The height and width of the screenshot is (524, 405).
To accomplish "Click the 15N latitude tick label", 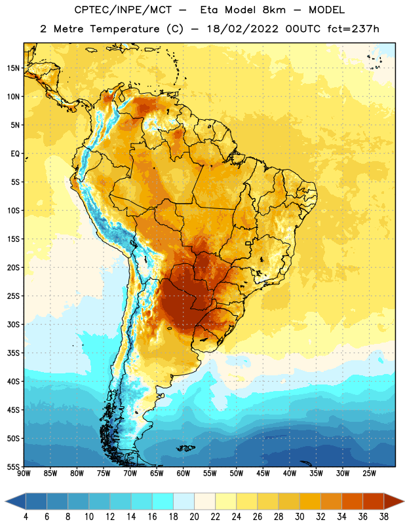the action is coord(14,68).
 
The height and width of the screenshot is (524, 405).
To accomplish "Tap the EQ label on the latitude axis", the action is coord(15,154).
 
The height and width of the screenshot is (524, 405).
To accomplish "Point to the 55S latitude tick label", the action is coord(13,466).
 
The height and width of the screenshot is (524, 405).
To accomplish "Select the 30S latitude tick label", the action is coord(13,324).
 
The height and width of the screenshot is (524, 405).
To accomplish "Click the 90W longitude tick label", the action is coord(24,474).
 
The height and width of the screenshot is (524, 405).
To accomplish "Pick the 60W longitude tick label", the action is coord(183,474).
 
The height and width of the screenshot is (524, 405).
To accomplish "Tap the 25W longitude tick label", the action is coord(370,474).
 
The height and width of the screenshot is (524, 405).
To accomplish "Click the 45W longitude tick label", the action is coord(263,474).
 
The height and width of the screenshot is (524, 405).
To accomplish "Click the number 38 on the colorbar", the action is coord(384,517).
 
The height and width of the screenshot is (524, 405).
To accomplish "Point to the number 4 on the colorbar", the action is coord(26,517).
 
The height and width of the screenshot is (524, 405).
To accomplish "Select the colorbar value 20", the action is coord(194,517).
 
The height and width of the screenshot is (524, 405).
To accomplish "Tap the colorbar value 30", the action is coord(299,517).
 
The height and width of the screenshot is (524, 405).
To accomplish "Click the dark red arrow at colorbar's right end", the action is coord(393,501).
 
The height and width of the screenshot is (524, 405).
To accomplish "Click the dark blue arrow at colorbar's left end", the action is coord(16,501).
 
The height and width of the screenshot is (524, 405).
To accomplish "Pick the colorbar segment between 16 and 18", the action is coord(163,501).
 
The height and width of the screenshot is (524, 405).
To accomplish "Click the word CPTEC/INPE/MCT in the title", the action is coord(123,10).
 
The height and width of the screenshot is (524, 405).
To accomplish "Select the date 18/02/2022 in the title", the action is coord(242,29).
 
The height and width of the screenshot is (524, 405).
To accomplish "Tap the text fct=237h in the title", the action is coord(353,29).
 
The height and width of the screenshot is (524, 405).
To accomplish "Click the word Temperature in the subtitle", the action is coord(125,29).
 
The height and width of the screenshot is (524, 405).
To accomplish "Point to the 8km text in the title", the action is coord(274,10).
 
